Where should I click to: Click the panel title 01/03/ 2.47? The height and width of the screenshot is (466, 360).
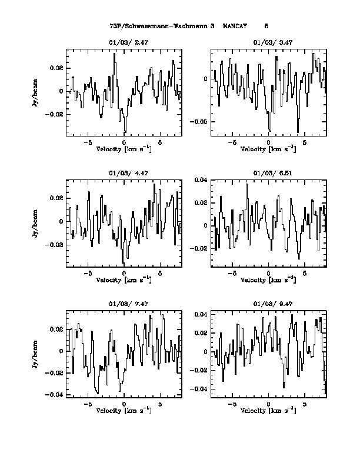tap(124, 42)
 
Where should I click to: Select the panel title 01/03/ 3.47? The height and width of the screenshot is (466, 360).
tap(268, 42)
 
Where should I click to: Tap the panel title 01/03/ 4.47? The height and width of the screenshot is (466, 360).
tap(124, 173)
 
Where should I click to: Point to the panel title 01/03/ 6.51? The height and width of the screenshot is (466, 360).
tap(268, 173)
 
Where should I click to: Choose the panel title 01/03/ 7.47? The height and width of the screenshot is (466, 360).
tap(124, 304)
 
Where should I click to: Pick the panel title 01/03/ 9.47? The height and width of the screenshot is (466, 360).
tap(268, 304)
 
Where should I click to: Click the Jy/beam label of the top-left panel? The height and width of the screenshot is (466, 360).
tap(36, 92)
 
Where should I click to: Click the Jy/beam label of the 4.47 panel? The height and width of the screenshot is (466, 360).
tap(36, 223)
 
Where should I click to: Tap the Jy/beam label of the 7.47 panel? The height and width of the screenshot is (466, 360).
tap(36, 353)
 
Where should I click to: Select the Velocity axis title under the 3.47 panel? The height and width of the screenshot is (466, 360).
tap(268, 149)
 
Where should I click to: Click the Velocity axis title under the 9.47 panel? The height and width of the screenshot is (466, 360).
tap(268, 410)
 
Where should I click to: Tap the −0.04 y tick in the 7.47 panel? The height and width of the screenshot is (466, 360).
tap(56, 395)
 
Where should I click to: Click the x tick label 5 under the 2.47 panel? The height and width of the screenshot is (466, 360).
tap(160, 142)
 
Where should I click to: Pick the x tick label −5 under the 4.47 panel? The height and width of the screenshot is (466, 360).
tap(88, 273)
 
